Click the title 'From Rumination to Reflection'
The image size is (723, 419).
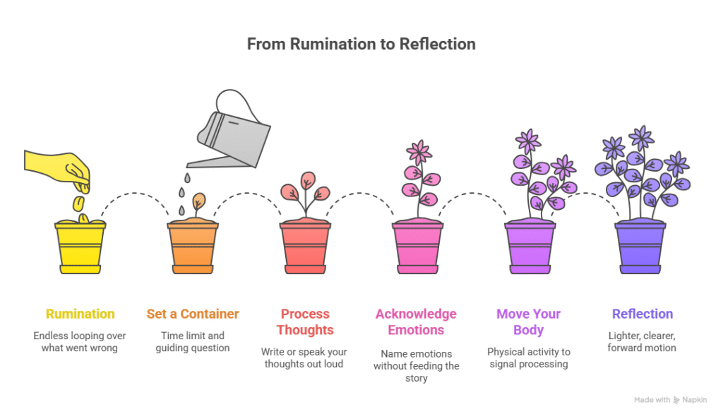pyautogui.click(x=361, y=44)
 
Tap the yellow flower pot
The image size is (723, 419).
pyautogui.click(x=80, y=248)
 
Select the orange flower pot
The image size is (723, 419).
pyautogui.click(x=192, y=248)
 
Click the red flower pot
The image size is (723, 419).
pyautogui.click(x=305, y=248)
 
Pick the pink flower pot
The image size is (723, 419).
pyautogui.click(x=417, y=248)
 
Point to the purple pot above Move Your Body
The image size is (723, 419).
pyautogui.click(x=530, y=248)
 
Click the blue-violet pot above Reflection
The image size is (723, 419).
pyautogui.click(x=641, y=248)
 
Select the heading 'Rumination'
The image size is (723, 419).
pyautogui.click(x=80, y=314)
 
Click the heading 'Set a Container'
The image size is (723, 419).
pyautogui.click(x=192, y=314)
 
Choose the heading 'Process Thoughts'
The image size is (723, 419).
pyautogui.click(x=305, y=321)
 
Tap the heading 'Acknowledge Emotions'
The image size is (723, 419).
pyautogui.click(x=416, y=321)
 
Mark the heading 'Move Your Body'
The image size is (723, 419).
pyautogui.click(x=529, y=321)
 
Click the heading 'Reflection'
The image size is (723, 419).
pyautogui.click(x=642, y=314)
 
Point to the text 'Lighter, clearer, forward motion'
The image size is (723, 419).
pyautogui.click(x=642, y=341)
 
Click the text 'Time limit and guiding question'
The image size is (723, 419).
pyautogui.click(x=192, y=341)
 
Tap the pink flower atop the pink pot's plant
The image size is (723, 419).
pyautogui.click(x=419, y=152)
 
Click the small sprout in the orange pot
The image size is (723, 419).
pyautogui.click(x=199, y=202)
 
